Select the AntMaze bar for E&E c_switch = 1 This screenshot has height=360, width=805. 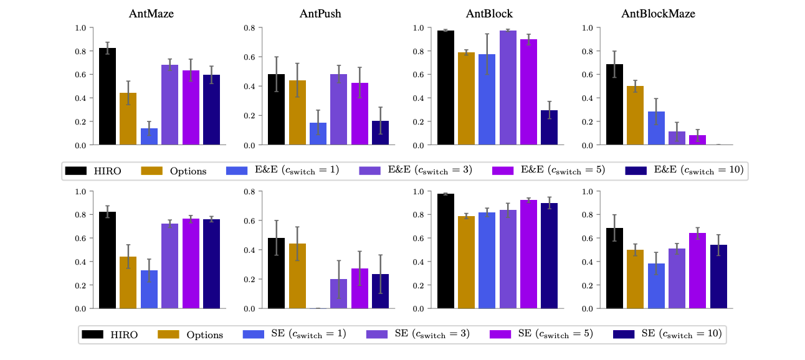(x=149, y=137)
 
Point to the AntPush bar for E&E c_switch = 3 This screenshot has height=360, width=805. (x=338, y=110)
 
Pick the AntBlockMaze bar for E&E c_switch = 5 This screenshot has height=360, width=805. (x=698, y=140)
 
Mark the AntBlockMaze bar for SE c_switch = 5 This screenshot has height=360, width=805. (x=698, y=271)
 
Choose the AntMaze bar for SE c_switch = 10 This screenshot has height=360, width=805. (x=211, y=264)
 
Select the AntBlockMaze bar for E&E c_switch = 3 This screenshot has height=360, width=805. (x=677, y=138)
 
